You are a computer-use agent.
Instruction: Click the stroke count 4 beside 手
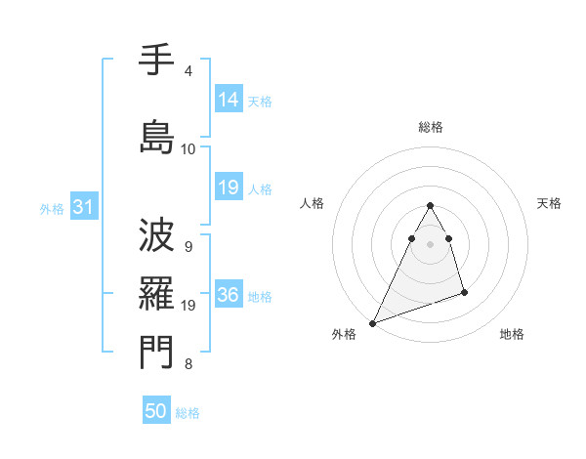[188, 71]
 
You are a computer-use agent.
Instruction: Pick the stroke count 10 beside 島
[188, 148]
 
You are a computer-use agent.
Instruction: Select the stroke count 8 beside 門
[188, 364]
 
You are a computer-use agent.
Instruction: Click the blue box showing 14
[229, 99]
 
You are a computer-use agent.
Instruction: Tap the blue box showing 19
[229, 188]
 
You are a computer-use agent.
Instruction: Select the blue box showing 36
[229, 295]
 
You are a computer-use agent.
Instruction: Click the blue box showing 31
[83, 207]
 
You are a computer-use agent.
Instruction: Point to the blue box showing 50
[156, 411]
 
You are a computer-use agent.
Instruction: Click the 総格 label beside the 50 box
[188, 413]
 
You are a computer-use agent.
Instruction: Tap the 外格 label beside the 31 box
[52, 208]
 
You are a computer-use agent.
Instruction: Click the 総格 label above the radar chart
[431, 127]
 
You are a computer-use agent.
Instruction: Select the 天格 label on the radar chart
[549, 203]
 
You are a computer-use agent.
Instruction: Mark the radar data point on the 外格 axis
[372, 323]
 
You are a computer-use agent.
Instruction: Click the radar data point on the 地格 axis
[464, 292]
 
